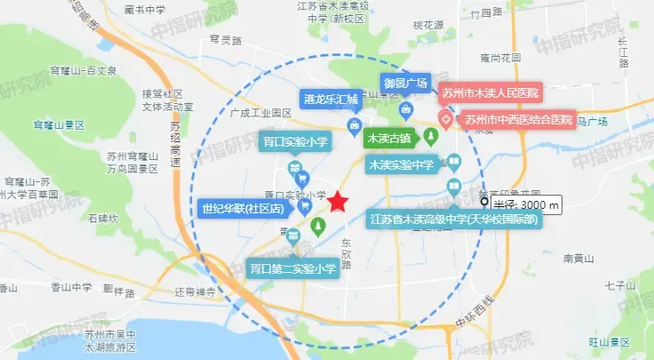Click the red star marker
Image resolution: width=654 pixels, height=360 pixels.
point(339,202)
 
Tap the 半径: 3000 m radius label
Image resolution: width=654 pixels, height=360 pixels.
point(528,205)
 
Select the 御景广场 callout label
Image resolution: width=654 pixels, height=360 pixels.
point(405,84)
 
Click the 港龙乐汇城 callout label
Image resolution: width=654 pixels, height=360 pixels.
point(330,100)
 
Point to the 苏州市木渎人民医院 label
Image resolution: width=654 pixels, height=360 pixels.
point(490,92)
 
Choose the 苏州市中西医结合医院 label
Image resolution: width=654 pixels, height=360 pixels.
point(515,119)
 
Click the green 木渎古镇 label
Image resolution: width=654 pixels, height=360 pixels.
point(388,139)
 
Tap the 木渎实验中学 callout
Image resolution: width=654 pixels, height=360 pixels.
point(401,165)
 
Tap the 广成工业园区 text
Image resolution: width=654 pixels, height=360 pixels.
point(260,113)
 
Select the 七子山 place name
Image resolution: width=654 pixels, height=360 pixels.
point(616,286)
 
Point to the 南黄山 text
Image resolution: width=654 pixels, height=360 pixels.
point(579,259)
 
